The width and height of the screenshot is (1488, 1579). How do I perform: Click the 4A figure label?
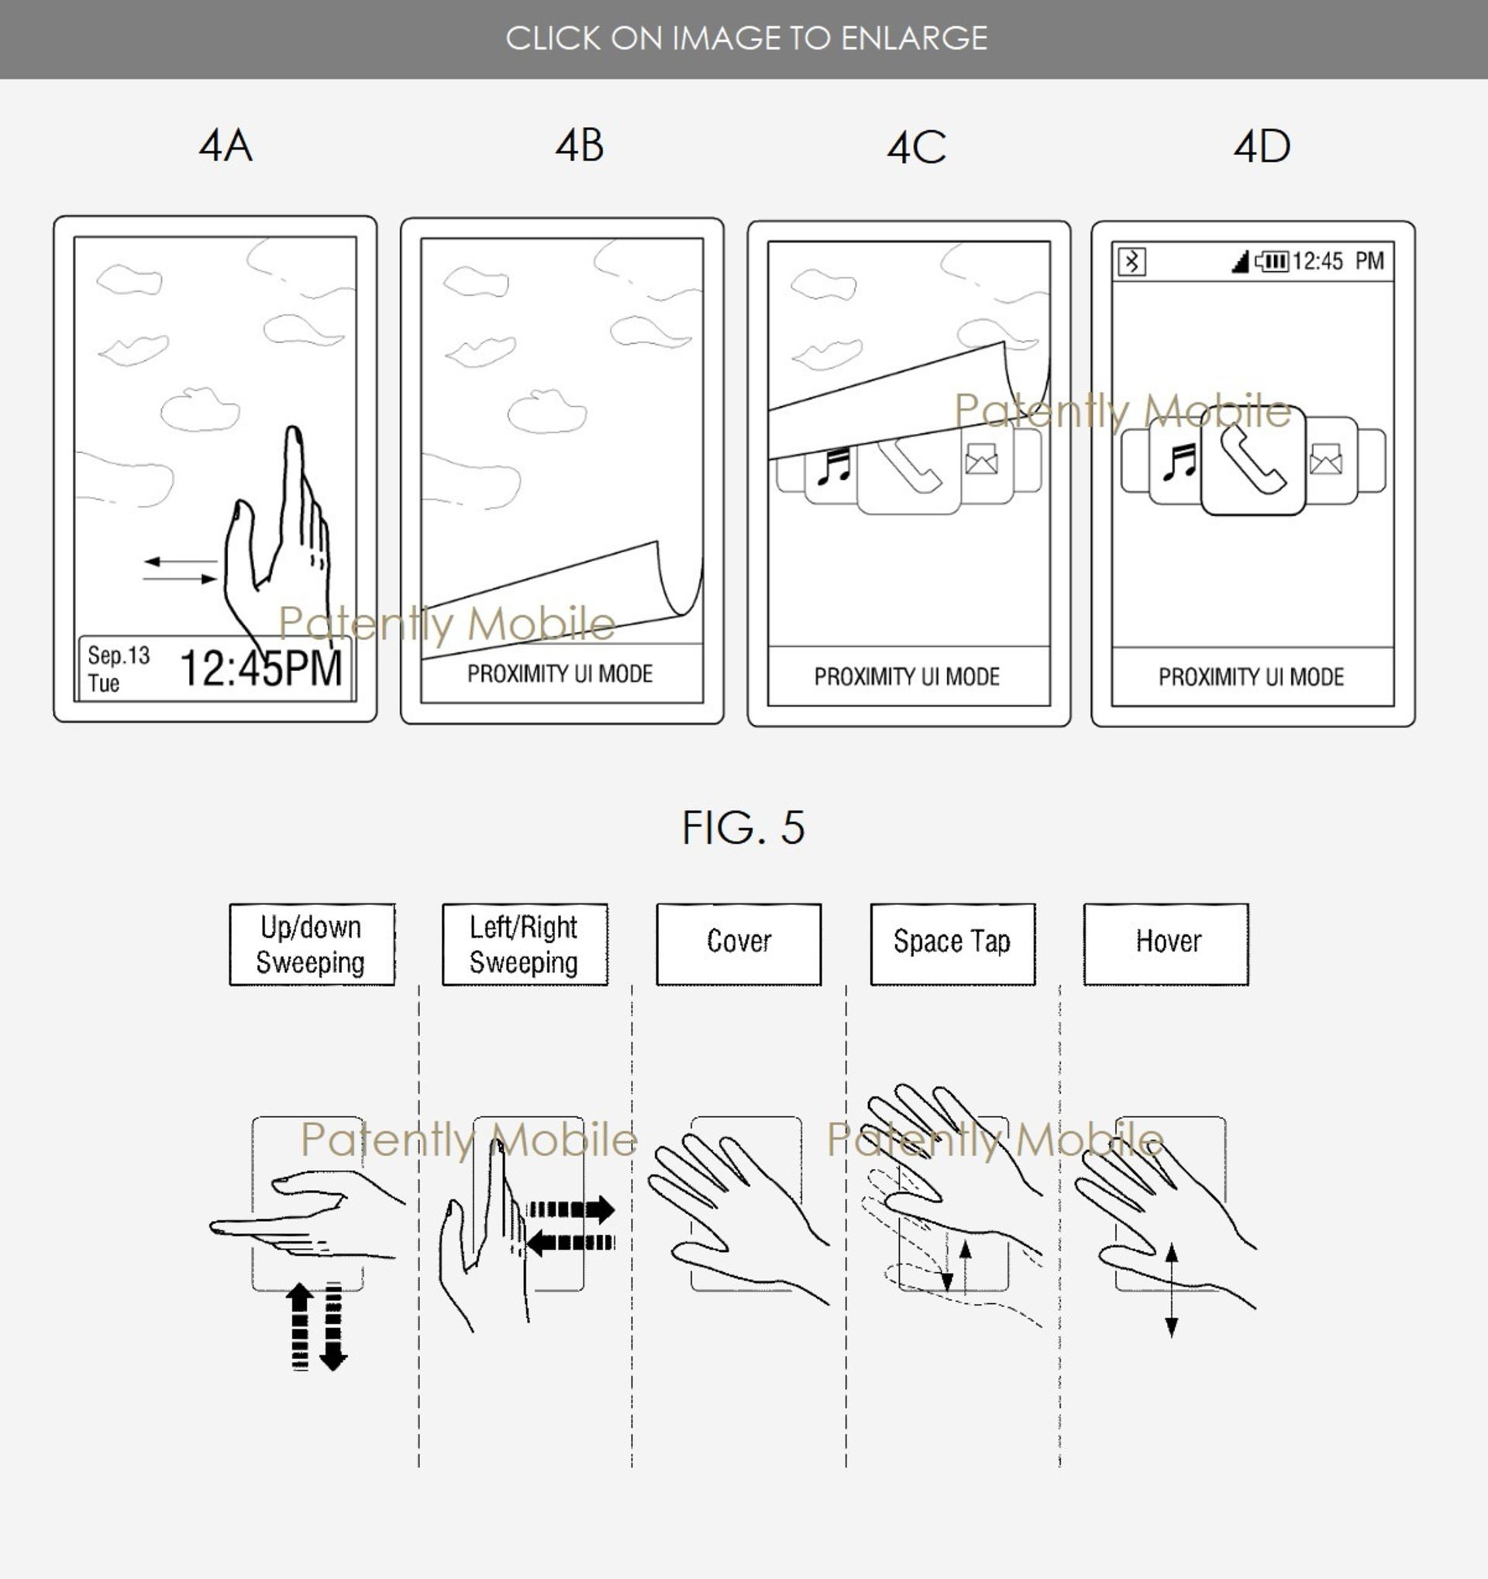tap(226, 147)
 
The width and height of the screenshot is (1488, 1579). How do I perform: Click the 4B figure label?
tap(579, 146)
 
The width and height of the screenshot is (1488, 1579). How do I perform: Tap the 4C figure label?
tap(916, 148)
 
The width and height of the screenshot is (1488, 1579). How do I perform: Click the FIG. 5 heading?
tap(742, 827)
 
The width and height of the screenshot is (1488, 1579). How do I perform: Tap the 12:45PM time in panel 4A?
tap(260, 668)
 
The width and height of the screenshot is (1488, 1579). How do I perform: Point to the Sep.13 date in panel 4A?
tap(119, 655)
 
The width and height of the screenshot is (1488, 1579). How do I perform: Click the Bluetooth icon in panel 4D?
tap(1131, 261)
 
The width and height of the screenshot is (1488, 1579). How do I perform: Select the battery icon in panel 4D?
tap(1272, 261)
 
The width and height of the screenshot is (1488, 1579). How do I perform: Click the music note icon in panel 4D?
tap(1179, 463)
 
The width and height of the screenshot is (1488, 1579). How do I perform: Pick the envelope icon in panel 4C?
tap(981, 459)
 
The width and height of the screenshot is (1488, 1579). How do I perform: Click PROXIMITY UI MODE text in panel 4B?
tap(560, 674)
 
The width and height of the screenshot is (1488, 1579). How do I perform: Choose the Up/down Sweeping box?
tap(312, 944)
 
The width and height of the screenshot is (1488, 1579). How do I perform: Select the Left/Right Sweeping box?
tap(525, 944)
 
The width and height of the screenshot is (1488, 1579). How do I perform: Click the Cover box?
tap(739, 944)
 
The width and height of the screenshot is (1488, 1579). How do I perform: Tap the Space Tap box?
tap(952, 944)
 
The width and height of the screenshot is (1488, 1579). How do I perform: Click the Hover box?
tap(1166, 944)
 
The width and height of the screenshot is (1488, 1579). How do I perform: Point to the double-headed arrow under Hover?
tap(1171, 1290)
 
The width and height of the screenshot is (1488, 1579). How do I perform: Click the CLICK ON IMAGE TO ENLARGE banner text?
tap(746, 38)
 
